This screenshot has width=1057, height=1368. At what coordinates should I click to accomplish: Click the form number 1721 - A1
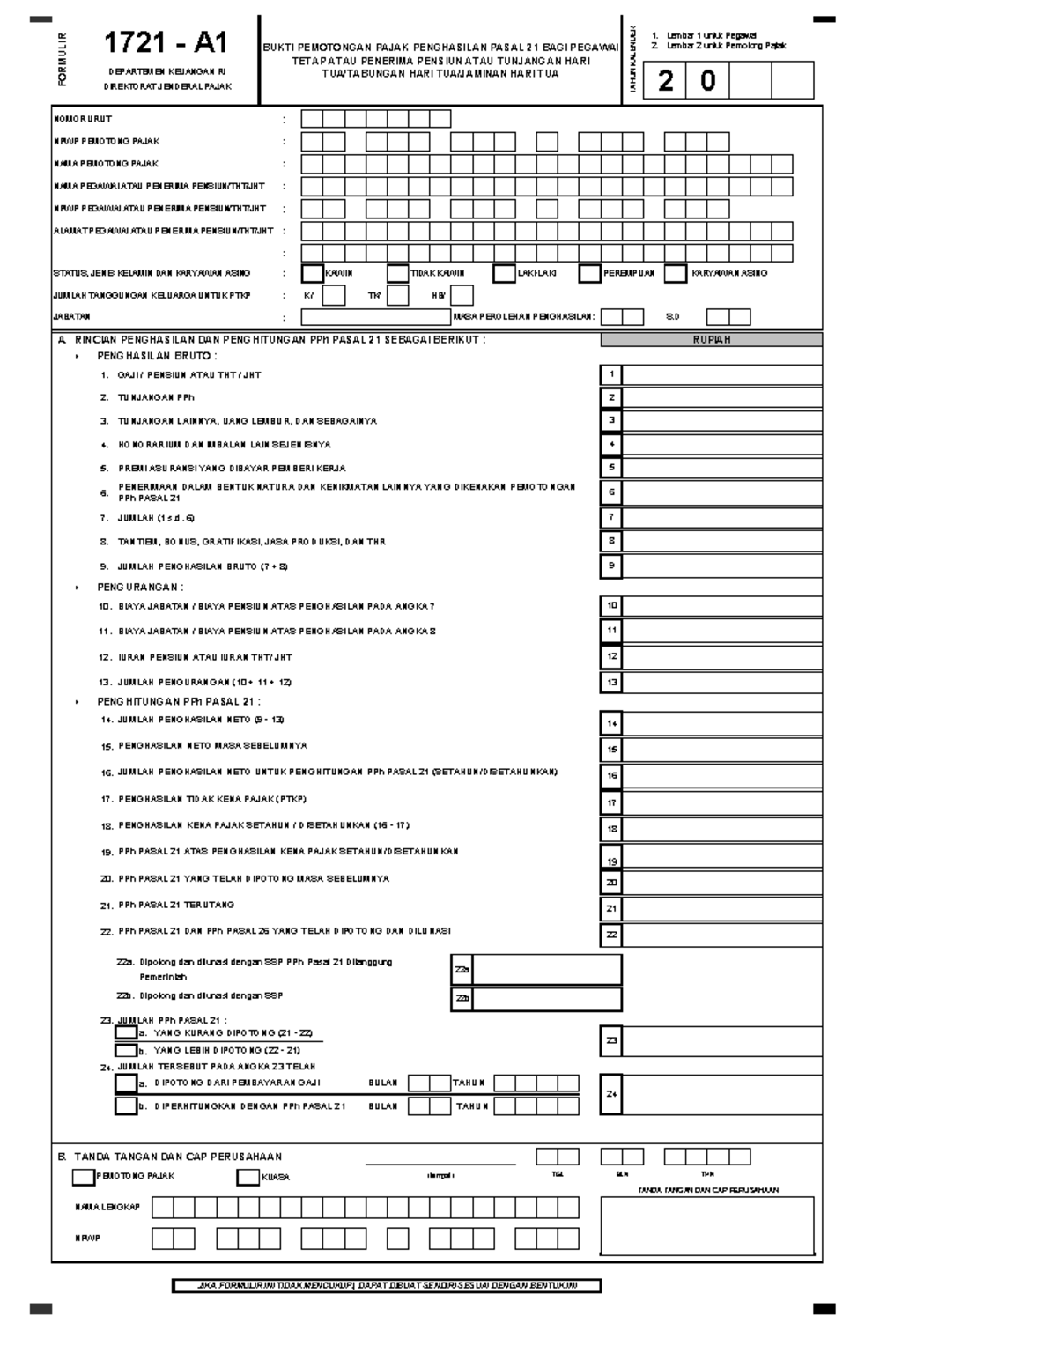click(166, 42)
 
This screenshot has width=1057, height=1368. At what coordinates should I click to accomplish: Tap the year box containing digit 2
click(665, 81)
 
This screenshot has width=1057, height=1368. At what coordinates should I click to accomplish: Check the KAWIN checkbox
click(312, 273)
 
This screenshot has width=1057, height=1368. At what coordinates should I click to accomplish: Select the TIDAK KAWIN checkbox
click(398, 273)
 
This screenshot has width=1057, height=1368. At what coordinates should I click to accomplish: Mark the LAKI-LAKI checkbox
click(504, 273)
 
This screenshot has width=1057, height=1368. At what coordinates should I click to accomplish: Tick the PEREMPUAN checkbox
click(589, 273)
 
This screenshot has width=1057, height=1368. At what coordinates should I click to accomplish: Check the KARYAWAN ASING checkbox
click(675, 273)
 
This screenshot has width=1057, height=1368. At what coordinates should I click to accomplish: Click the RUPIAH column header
click(712, 339)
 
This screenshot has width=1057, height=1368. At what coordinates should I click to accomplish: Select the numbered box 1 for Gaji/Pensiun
click(611, 374)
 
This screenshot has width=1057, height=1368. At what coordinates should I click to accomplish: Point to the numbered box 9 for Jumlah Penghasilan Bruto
click(611, 566)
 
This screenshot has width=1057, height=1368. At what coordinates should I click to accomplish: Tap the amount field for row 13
click(722, 682)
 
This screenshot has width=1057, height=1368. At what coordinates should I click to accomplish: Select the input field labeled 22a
click(547, 969)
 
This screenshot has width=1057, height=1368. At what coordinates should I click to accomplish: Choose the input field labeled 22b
click(547, 999)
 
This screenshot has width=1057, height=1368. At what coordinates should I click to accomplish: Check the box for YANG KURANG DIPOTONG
click(126, 1032)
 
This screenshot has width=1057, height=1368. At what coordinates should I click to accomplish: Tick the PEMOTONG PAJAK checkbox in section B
click(84, 1176)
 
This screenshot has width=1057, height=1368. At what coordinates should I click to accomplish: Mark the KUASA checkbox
click(248, 1176)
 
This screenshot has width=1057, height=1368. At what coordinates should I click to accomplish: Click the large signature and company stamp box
click(707, 1225)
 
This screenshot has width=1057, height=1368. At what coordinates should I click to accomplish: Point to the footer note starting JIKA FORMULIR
click(387, 1286)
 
